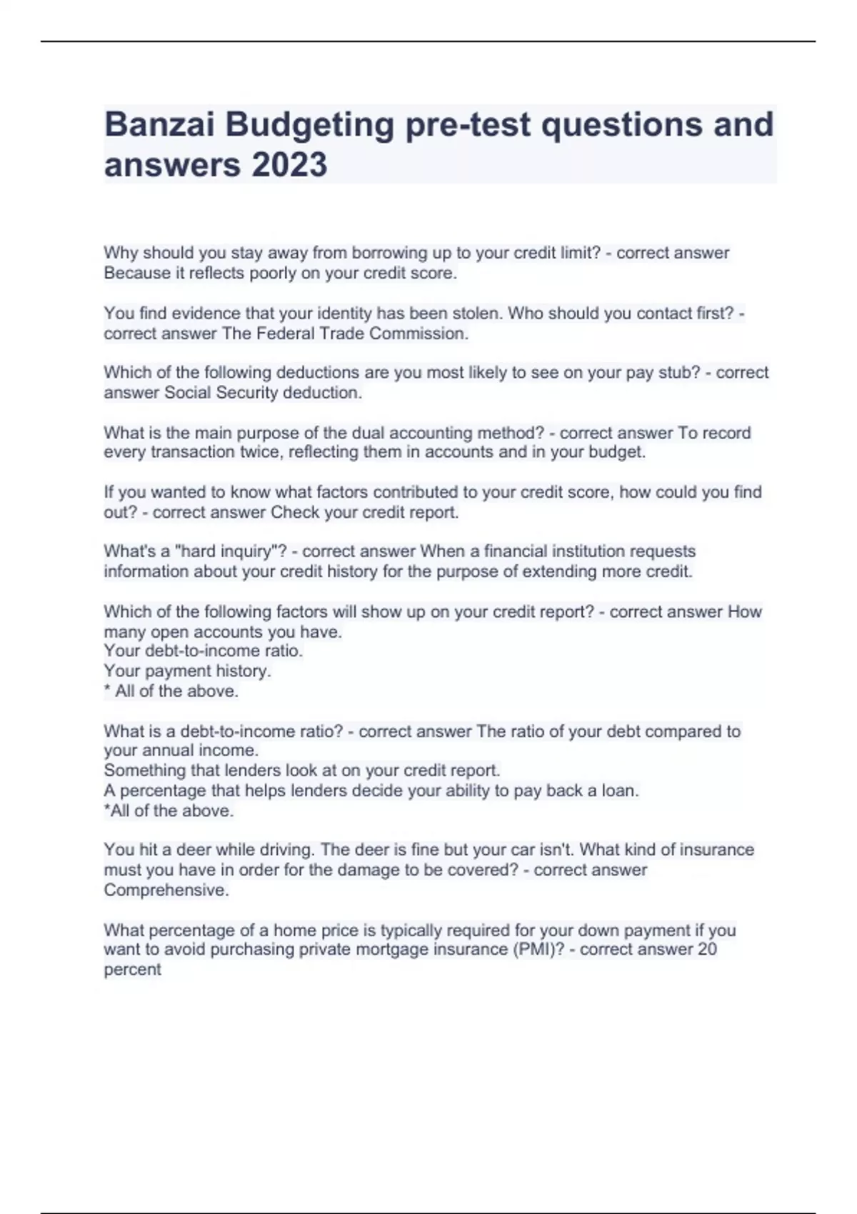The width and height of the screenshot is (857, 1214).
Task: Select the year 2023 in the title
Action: point(289,165)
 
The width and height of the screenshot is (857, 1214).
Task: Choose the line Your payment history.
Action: point(187,671)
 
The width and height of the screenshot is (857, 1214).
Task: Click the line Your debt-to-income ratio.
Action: point(203,651)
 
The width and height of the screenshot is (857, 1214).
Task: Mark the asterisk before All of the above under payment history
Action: point(107,690)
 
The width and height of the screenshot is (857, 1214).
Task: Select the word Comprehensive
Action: point(166,891)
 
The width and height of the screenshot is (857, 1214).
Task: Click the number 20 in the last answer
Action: point(707,950)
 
